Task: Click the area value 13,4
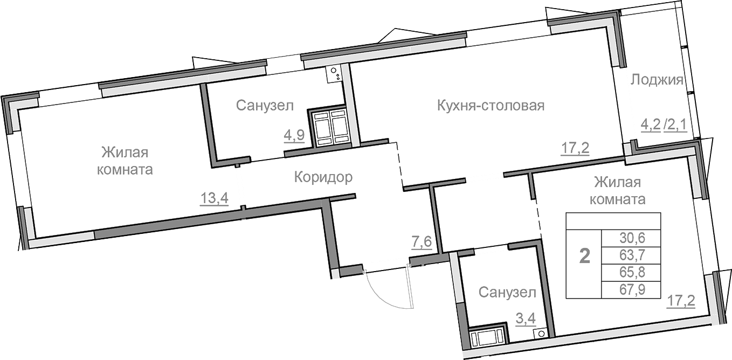[215, 198]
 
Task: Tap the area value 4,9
[294, 135]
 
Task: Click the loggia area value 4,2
[650, 125]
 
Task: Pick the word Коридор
[323, 177]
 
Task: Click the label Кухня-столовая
[491, 105]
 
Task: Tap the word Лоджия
[657, 80]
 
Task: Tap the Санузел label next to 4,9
[265, 105]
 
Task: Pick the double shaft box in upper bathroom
[329, 128]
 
